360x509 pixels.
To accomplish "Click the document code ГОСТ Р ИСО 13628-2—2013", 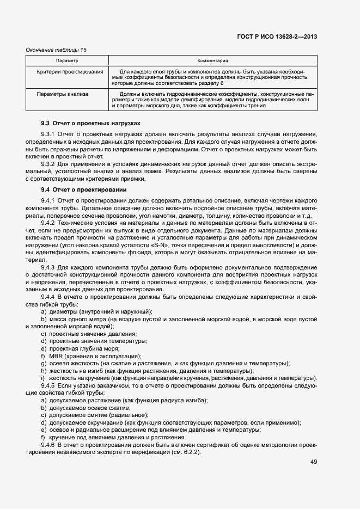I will pos(277,36).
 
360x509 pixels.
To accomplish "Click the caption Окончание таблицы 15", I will pos(57,50).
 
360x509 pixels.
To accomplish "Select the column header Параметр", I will pos(68,60).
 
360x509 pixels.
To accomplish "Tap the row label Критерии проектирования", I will pos(70,72).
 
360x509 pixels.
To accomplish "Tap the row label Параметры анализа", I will pos(63,94).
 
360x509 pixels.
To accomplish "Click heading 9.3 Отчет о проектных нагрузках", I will pos(90,124).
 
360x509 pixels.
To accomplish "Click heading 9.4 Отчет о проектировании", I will pos(84,189).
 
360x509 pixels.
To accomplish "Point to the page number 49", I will pos(313,462).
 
